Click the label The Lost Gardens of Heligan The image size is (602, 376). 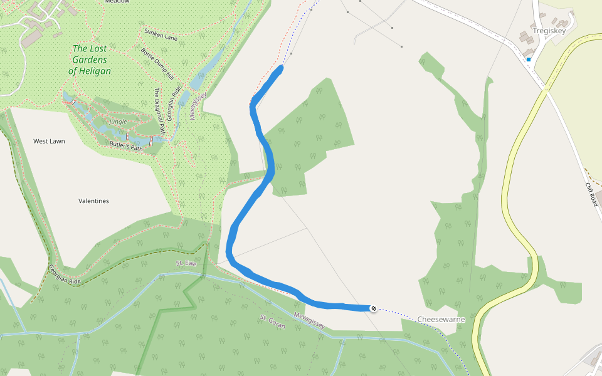(x=90, y=60)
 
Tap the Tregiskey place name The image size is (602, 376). (x=549, y=30)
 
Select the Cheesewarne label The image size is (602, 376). (x=441, y=319)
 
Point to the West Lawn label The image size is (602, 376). (x=49, y=141)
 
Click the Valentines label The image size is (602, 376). (x=93, y=201)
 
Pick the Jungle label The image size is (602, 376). (x=118, y=121)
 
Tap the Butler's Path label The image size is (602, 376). (x=126, y=145)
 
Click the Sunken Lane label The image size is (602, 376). (x=161, y=34)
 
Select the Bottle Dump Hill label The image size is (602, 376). (x=157, y=64)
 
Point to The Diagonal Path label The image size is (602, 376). (x=159, y=112)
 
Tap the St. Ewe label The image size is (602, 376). (x=186, y=263)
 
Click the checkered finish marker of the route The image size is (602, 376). (x=374, y=308)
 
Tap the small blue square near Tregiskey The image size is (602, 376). (x=529, y=60)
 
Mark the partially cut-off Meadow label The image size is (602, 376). (x=117, y=2)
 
